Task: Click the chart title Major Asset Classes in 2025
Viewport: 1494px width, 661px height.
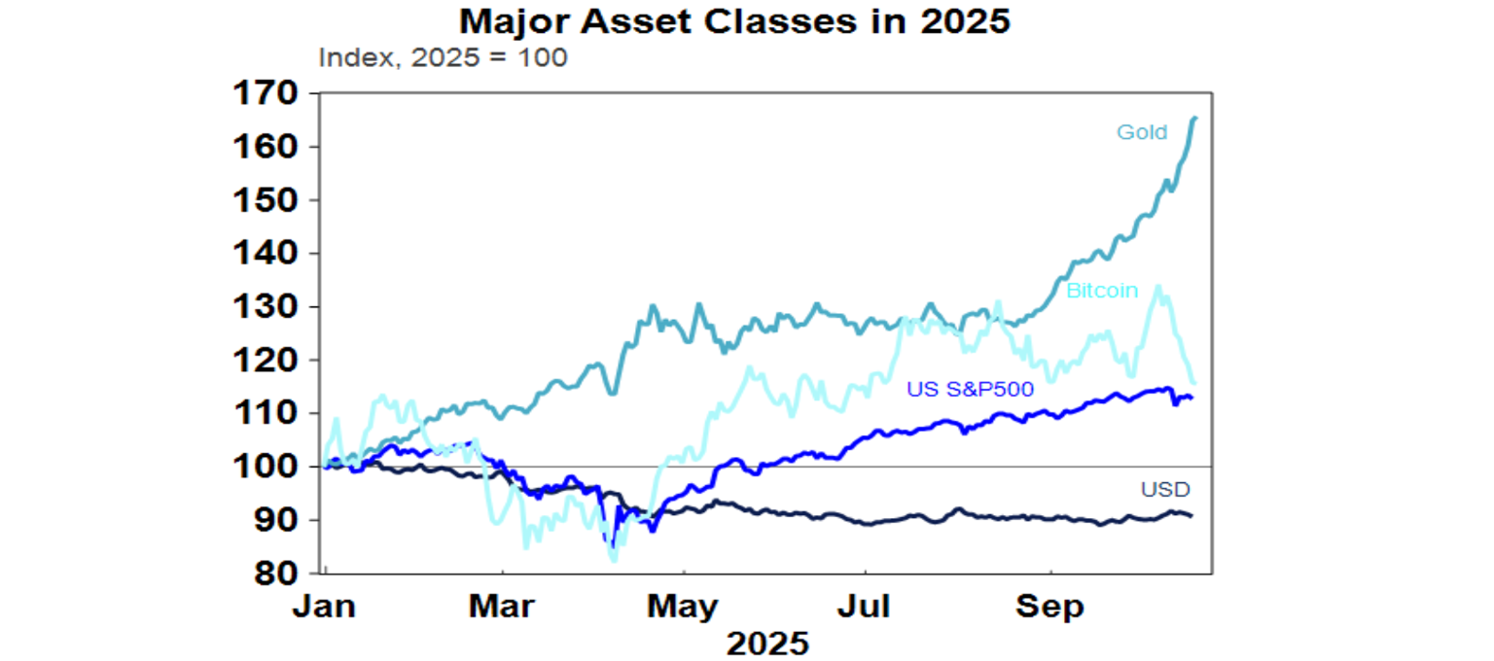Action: (x=734, y=21)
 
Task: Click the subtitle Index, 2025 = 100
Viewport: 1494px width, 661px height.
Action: (x=443, y=57)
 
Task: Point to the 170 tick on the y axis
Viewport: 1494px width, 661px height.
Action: (x=266, y=94)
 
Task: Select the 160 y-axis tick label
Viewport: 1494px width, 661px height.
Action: (x=266, y=148)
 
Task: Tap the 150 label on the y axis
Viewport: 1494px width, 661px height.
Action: (x=266, y=201)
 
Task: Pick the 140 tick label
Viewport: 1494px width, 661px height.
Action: (x=266, y=255)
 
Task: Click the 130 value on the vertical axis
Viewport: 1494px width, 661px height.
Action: (x=266, y=307)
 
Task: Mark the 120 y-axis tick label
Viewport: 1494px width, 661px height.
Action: (x=266, y=361)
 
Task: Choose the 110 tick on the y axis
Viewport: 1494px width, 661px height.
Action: (x=266, y=414)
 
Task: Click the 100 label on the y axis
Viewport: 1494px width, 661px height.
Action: (x=266, y=468)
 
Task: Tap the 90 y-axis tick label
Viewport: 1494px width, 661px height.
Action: (x=275, y=521)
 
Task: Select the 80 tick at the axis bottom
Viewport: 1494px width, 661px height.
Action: (x=275, y=574)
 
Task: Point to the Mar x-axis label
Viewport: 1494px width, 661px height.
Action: (x=501, y=608)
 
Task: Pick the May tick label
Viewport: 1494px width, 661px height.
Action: (x=684, y=608)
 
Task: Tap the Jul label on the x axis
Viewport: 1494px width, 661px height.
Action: (x=865, y=608)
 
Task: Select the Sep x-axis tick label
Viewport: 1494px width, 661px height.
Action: (x=1049, y=608)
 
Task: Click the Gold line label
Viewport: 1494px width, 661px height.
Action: (x=1142, y=132)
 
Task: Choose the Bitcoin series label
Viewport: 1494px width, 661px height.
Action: (x=1102, y=291)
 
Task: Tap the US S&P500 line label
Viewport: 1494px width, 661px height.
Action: (x=970, y=389)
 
